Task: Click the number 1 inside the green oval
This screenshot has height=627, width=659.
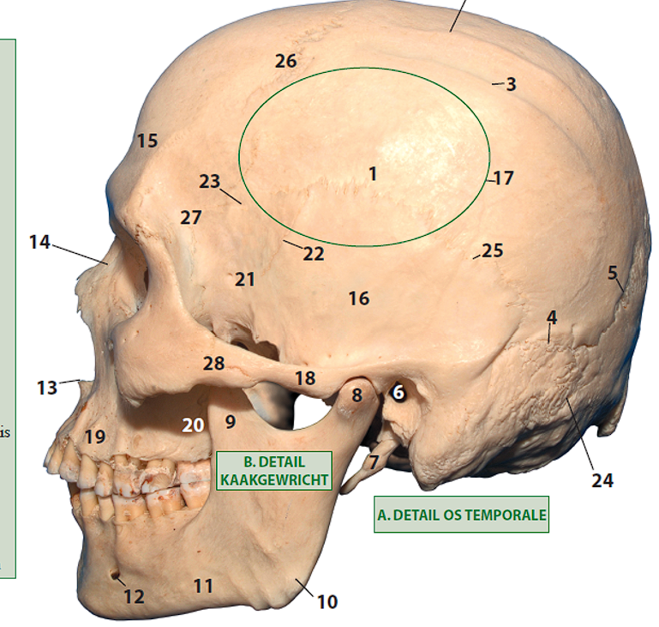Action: point(373,174)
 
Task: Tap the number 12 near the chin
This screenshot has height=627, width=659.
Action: point(134,596)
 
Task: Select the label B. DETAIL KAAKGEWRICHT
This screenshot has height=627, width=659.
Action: point(273,470)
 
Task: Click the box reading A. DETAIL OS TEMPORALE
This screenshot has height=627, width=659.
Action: point(461,515)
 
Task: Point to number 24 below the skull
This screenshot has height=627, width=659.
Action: point(602,480)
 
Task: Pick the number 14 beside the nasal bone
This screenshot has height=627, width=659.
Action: point(39,242)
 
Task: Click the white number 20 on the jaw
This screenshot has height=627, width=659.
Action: point(193,425)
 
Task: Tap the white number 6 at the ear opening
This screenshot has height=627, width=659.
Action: point(398,392)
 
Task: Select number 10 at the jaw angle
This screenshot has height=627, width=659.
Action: point(327,601)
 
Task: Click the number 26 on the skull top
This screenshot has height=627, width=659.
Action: point(285,61)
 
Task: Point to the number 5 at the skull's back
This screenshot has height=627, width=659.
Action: point(613,273)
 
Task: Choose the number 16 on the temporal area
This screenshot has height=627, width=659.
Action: point(358,298)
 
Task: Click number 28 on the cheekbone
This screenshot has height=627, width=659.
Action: point(213,364)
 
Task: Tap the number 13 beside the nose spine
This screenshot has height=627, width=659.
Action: point(46,388)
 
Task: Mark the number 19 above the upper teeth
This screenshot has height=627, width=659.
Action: point(94,437)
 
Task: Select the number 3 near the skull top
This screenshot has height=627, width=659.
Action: point(511,84)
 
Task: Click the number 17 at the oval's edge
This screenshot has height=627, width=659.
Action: point(503,178)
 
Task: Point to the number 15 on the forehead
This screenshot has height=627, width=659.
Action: point(147,140)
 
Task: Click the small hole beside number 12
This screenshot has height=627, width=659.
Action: point(114,576)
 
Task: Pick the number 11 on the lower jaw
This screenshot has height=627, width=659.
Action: point(202,587)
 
